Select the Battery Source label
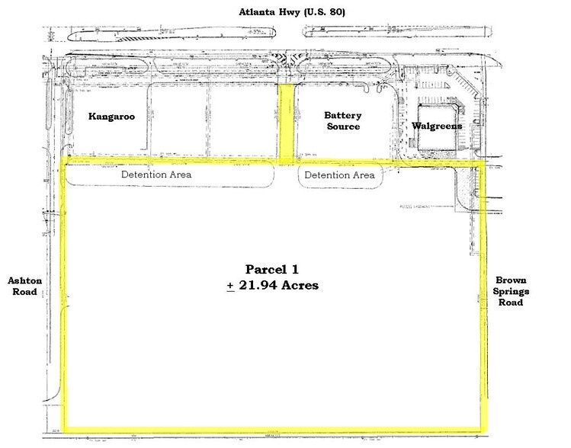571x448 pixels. point(342,120)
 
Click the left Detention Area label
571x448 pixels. point(157,174)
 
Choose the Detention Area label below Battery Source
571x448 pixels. point(339,175)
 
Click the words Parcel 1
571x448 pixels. point(273,270)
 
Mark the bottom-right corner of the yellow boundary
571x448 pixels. point(483,430)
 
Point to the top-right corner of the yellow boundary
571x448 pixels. point(483,163)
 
